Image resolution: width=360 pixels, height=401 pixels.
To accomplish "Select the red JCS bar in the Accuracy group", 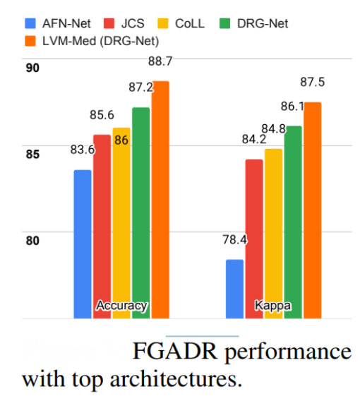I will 102,226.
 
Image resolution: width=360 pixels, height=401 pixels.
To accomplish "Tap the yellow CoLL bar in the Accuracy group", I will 121,222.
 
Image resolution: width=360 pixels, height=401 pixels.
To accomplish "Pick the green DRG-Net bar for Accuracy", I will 140,212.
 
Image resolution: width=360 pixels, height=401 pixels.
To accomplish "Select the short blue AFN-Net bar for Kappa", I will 234,289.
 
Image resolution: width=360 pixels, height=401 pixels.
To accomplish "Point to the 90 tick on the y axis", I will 31,68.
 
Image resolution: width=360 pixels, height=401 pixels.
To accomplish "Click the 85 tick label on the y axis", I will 31,155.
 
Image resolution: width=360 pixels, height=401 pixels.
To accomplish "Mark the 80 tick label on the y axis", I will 31,241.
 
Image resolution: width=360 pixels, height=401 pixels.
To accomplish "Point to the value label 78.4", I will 234,240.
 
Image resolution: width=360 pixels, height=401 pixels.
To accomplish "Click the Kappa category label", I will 272,306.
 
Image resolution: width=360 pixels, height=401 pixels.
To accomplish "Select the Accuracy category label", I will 121,306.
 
